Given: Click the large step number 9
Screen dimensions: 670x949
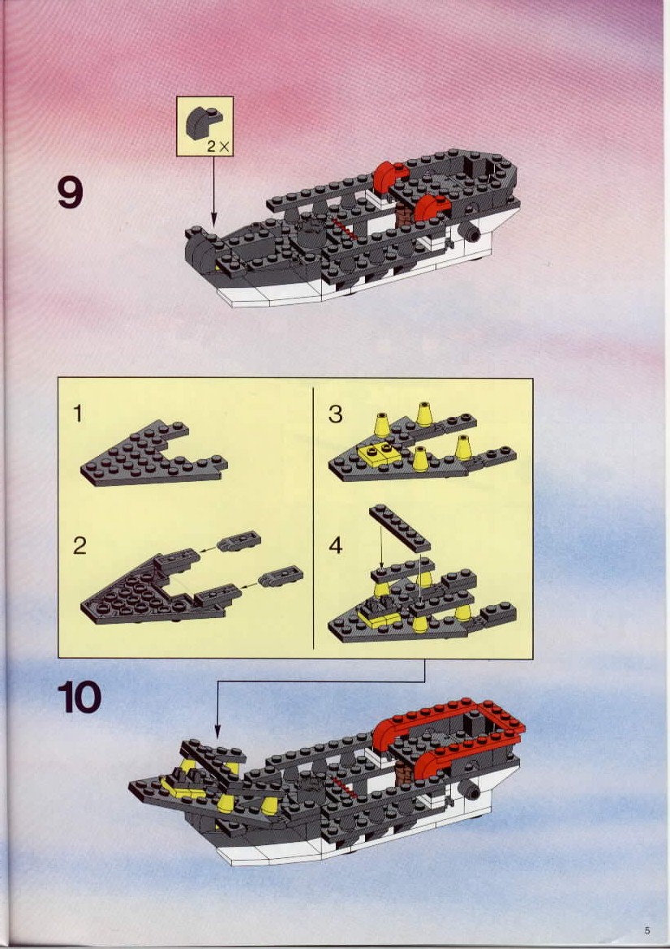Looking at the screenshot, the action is [71, 192].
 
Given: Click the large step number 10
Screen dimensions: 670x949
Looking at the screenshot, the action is [79, 698].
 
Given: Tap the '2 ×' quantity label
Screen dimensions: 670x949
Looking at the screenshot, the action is [217, 146].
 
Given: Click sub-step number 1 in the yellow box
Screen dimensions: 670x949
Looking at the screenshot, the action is [78, 414].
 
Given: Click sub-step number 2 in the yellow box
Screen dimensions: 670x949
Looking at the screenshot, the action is [79, 545].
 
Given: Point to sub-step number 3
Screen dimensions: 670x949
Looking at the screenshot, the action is [335, 414].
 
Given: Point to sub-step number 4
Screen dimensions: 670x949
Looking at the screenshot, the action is [335, 545].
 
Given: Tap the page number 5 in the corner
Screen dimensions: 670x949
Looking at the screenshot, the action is [647, 931].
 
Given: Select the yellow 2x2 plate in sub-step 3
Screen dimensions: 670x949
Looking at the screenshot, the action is [380, 453].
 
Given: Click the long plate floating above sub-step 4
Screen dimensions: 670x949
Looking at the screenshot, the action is [399, 528].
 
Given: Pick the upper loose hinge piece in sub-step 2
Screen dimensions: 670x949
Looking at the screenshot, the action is [238, 540].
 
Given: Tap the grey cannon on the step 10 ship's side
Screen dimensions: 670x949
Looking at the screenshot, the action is [470, 791].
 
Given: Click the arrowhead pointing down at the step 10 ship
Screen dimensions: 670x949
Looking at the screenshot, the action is [218, 732].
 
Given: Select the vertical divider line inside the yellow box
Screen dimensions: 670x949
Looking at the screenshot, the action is [313, 518].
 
